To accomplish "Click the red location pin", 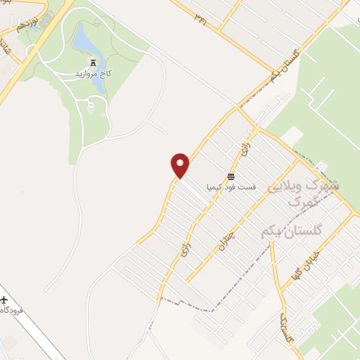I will pyautogui.click(x=181, y=166).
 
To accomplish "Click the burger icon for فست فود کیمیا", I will pyautogui.click(x=231, y=175).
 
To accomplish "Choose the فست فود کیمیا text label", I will pyautogui.click(x=231, y=188).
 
